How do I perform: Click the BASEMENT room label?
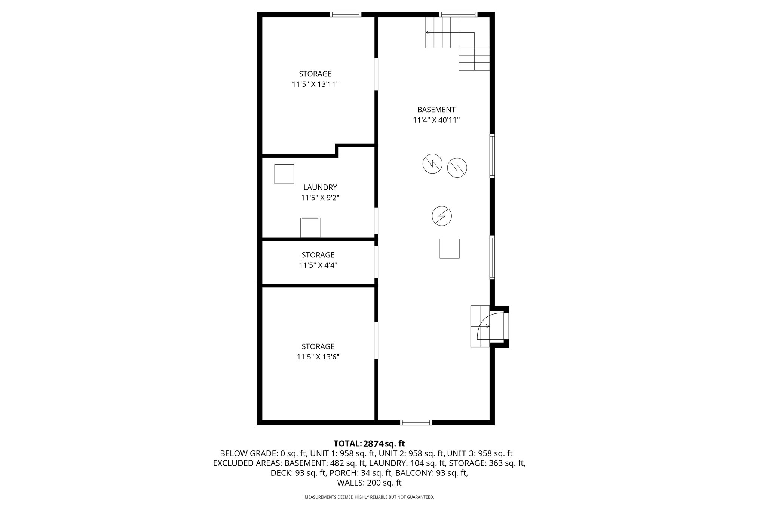point(436,110)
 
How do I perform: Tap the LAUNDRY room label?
point(320,187)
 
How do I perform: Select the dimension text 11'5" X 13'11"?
point(315,84)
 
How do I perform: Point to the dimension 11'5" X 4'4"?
point(318,265)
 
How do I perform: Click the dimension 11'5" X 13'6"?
point(318,357)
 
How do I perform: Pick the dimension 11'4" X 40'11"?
point(436,120)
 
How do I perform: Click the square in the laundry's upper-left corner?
point(284,174)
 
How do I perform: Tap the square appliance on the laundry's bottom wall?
point(310,227)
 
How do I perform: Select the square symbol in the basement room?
point(449,249)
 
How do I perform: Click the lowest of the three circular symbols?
point(442,216)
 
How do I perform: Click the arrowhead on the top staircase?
point(428,33)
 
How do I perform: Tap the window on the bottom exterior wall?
point(416,423)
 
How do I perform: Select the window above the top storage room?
point(346,15)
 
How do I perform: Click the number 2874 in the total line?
point(374,444)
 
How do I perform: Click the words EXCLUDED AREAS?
point(248,463)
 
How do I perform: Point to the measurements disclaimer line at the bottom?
point(369,497)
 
